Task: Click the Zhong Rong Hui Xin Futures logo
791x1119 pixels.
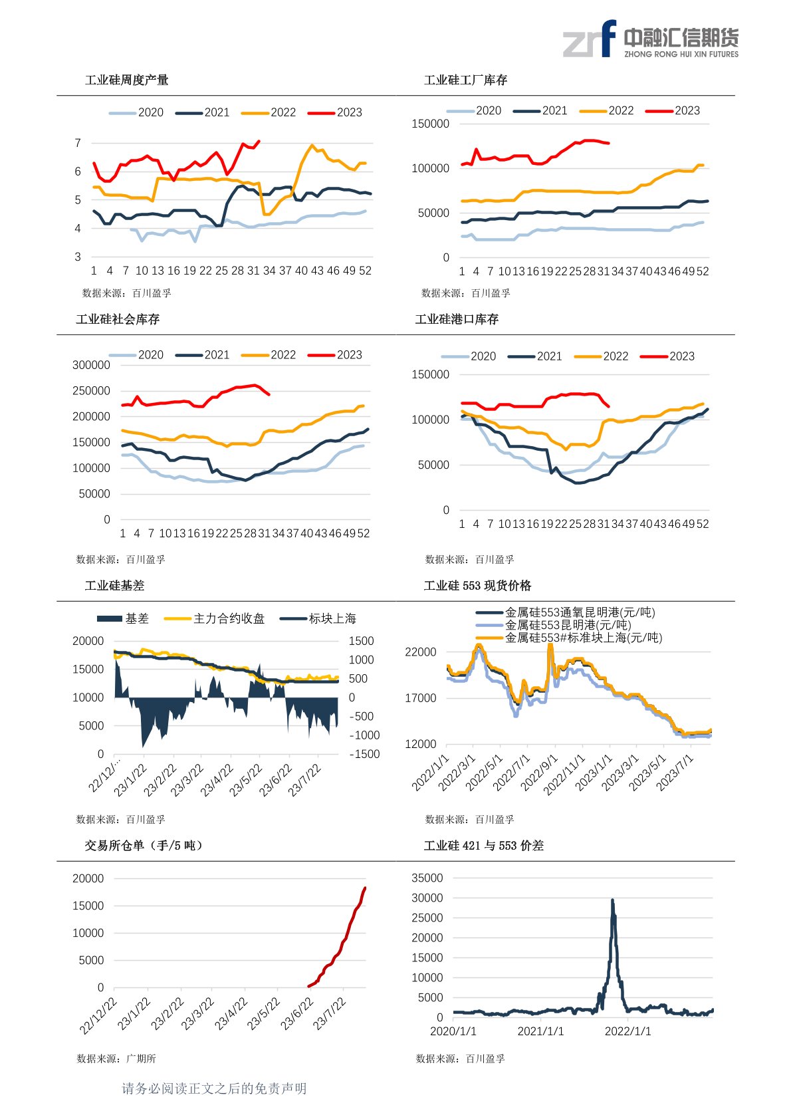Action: click(x=650, y=39)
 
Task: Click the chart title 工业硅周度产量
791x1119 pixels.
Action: click(x=126, y=80)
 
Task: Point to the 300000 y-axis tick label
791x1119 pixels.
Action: click(x=91, y=365)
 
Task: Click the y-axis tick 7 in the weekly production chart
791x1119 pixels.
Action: click(x=78, y=143)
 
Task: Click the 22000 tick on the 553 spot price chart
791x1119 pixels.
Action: click(x=421, y=652)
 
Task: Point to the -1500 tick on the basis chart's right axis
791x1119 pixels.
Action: click(x=364, y=754)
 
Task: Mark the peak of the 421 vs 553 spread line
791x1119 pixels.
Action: click(x=612, y=900)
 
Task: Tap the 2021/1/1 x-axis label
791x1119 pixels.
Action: click(x=540, y=1031)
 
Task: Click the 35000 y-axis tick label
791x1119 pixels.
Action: click(x=427, y=878)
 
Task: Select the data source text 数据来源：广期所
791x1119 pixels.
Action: click(x=116, y=1058)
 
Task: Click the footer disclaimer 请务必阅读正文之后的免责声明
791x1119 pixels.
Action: click(x=214, y=1088)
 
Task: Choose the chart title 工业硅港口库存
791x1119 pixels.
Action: click(x=457, y=320)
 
